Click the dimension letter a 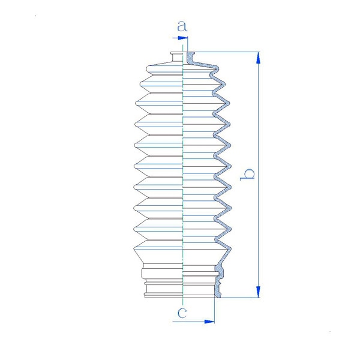(x=182, y=26)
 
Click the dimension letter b (x=247, y=175)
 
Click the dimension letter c (x=182, y=313)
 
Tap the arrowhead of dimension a (x=183, y=38)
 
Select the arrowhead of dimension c (x=209, y=322)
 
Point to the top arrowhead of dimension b (x=258, y=58)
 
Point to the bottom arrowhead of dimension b (x=258, y=292)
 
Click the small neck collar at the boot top (x=177, y=57)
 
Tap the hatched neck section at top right (x=190, y=58)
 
